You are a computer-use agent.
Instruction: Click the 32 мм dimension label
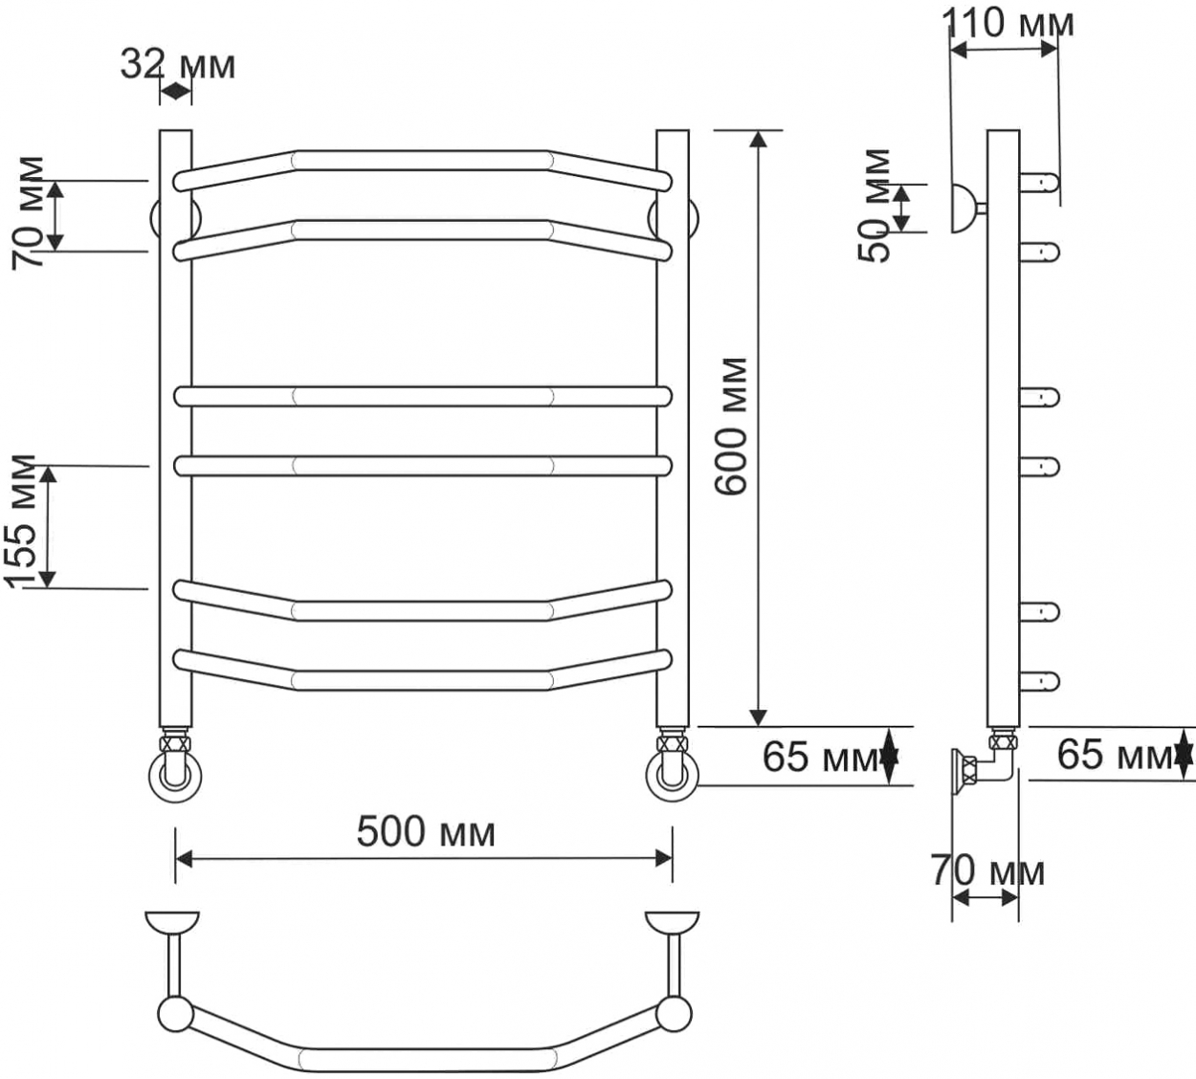tap(178, 64)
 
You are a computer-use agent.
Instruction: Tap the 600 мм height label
tap(731, 426)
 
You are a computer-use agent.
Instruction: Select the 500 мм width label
tap(426, 831)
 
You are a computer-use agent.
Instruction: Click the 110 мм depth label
tap(1008, 24)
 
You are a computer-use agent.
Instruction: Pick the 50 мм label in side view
tap(875, 206)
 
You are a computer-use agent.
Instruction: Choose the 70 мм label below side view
tap(988, 871)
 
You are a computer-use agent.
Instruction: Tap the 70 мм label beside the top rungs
tap(28, 212)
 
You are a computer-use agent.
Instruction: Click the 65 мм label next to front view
tap(820, 757)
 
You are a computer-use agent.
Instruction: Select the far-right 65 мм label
tap(1115, 755)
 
